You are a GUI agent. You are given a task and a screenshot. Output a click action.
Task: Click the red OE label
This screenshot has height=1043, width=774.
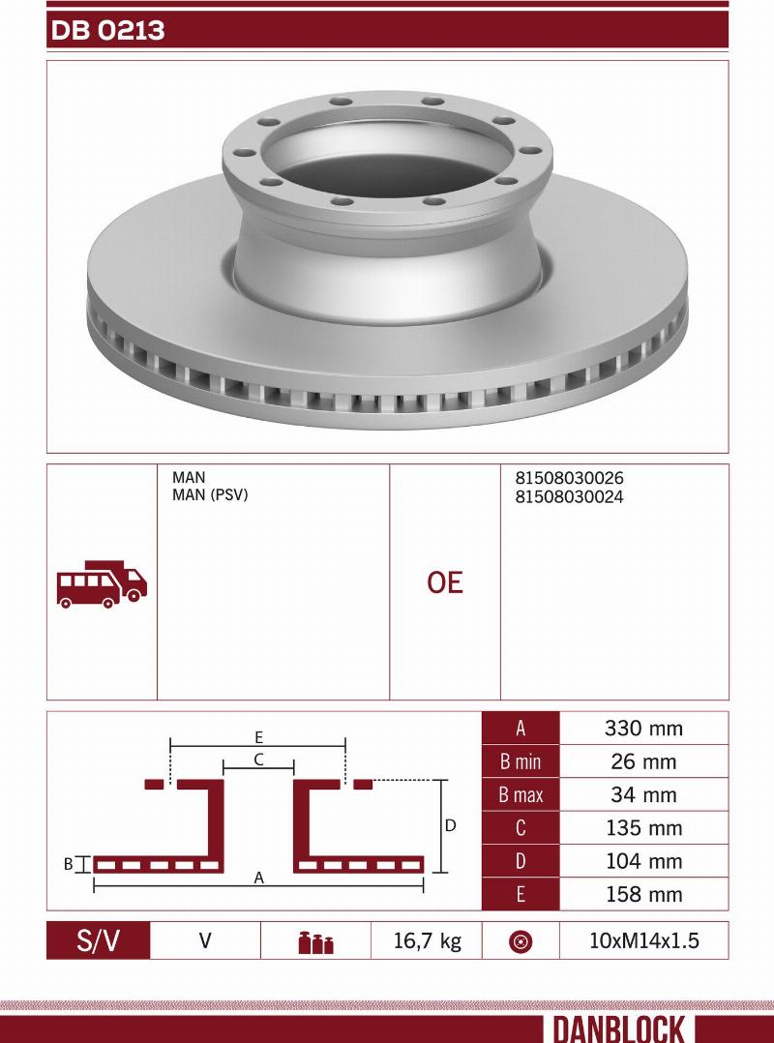(x=445, y=582)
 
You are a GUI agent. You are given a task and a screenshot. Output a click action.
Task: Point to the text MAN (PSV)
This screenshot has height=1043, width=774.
(x=210, y=495)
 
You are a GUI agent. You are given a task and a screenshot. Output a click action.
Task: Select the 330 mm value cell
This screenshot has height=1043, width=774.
(x=642, y=729)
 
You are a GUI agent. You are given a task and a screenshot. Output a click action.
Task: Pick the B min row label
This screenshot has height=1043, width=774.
(x=521, y=762)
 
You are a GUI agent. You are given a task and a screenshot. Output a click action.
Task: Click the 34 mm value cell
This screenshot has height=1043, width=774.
(x=642, y=795)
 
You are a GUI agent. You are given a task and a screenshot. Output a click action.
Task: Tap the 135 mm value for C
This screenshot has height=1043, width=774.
(x=642, y=828)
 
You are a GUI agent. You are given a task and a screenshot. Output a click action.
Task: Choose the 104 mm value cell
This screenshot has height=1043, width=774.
(x=642, y=861)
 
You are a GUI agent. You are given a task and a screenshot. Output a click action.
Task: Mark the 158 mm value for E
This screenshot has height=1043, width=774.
(x=642, y=894)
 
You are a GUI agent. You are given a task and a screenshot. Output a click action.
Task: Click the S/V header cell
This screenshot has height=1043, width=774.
(x=99, y=940)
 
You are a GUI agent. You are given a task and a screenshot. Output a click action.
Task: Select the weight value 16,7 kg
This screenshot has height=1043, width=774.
(x=427, y=940)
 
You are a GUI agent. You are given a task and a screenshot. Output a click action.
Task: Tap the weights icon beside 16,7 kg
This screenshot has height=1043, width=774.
(x=315, y=942)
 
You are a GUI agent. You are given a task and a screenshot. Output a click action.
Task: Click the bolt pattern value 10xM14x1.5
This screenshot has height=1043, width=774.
(x=643, y=940)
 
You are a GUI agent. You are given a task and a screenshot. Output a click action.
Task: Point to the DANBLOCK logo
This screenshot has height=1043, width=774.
(x=618, y=1028)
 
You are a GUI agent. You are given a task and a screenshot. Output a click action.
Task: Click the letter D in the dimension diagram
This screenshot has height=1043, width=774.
(x=450, y=826)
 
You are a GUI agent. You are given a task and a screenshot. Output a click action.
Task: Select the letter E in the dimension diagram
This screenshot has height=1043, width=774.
(x=259, y=736)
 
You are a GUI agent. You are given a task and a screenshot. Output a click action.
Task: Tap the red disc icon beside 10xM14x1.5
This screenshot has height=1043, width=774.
(x=521, y=941)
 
